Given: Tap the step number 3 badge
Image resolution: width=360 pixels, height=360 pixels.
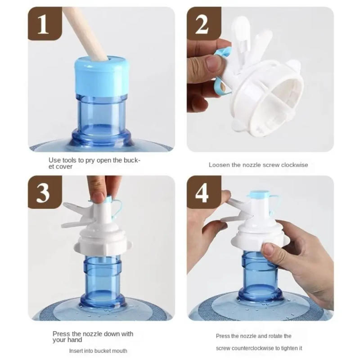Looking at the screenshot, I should coord(44,192).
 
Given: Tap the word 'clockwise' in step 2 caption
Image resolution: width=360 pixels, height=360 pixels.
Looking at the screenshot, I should coord(295,165).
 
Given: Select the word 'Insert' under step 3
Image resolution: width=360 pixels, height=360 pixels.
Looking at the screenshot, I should coord(77,351).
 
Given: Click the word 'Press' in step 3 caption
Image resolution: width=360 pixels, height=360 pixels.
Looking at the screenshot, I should coord(61,334).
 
